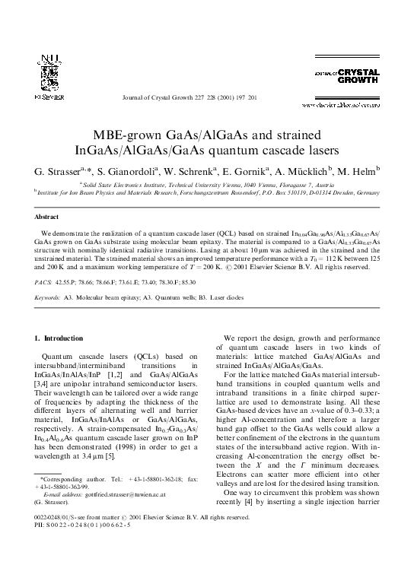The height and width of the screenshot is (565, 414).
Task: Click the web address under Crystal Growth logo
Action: point(352,98)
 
